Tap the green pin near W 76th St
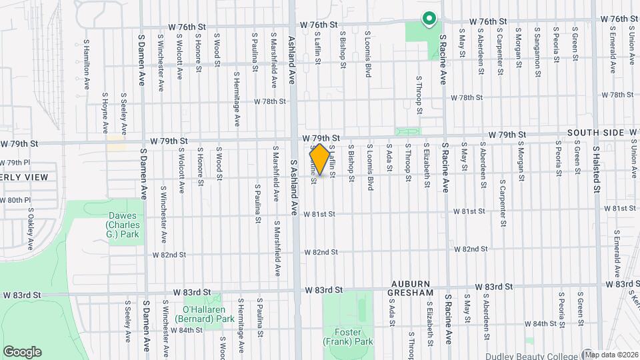coord(429,20)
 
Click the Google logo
coord(22,352)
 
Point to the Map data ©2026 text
coord(611,354)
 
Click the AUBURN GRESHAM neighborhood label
coord(413,288)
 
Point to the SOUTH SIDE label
coord(595,133)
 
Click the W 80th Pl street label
coord(15,200)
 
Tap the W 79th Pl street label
coord(15,163)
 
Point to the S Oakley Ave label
coord(31,228)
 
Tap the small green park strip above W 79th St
coord(408,131)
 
